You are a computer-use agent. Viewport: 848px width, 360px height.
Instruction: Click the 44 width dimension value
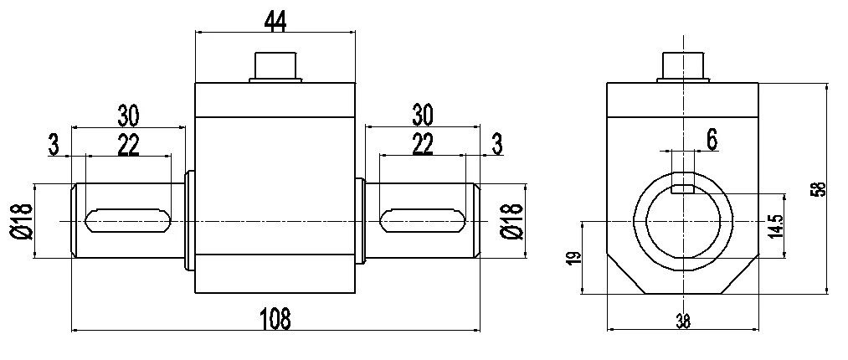click(275, 20)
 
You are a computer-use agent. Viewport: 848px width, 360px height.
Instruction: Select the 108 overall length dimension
click(275, 318)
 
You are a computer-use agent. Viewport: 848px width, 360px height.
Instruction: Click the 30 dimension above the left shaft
click(128, 114)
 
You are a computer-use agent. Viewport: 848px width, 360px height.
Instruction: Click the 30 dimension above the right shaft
click(424, 114)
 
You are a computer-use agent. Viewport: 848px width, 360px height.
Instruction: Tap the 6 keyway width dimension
click(712, 140)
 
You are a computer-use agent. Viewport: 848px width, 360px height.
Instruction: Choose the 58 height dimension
click(820, 189)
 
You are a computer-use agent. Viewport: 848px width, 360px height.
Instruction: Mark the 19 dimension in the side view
click(572, 258)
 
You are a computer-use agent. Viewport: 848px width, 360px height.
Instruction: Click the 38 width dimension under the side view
click(683, 321)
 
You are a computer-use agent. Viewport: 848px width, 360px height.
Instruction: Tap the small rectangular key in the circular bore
click(684, 188)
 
